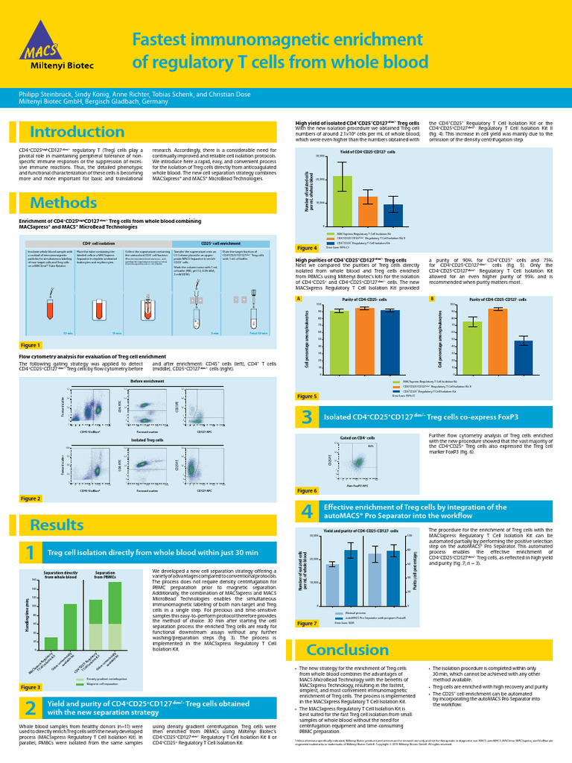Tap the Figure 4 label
pos(306,248)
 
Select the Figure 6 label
pos(306,490)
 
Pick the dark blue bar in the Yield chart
pos(393,215)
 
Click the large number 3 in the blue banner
pos(306,418)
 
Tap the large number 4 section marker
pos(306,512)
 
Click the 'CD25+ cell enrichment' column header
pos(220,244)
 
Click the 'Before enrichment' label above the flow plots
pos(147,381)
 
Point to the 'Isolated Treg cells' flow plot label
pos(147,440)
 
